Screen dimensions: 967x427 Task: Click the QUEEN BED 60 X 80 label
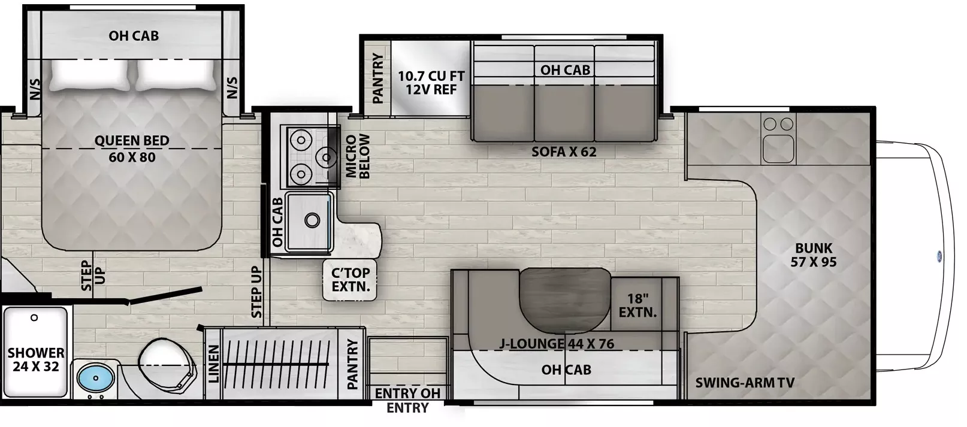pos(132,149)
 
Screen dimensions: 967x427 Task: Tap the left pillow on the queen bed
pos(90,75)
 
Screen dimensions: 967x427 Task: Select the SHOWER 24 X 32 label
pos(36,360)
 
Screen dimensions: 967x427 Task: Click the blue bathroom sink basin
pos(96,378)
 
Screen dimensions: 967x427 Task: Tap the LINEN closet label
pos(214,364)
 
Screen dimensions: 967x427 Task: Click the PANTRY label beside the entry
pos(352,364)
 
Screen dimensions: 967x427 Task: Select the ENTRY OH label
pos(407,393)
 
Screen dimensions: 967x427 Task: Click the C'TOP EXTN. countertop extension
pos(350,279)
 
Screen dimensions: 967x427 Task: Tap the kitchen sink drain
pos(312,221)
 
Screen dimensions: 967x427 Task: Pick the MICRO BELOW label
pos(358,156)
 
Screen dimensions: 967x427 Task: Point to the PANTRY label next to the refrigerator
pos(377,78)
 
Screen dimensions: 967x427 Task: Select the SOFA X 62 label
pos(564,152)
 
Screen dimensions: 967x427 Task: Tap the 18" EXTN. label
pos(637,305)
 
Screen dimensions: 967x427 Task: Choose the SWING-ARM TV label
pos(745,383)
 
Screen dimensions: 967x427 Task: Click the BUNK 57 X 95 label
pos(813,255)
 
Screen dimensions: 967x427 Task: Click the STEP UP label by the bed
pos(92,275)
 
